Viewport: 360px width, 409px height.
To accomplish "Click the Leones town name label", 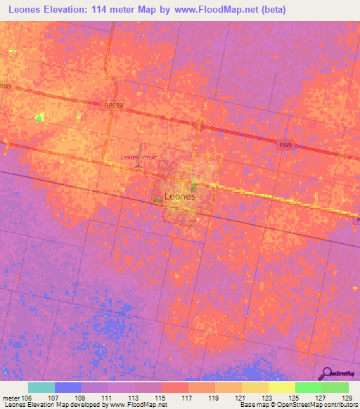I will coord(179,197).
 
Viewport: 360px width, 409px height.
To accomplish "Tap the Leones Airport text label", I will coord(139,157).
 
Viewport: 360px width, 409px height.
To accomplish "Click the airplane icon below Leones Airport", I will coord(139,168).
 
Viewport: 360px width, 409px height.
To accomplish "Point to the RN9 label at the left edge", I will coord(6,86).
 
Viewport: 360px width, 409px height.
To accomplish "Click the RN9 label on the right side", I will coord(285,144).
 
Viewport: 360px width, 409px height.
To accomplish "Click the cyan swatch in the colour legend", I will coord(41,387).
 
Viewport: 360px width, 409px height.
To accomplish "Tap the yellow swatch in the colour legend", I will coord(281,387).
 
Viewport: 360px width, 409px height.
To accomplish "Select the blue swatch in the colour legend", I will coord(68,387).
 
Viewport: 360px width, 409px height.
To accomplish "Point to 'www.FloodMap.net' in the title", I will coord(232,9).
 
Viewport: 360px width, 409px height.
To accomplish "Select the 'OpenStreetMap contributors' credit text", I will coord(309,405).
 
